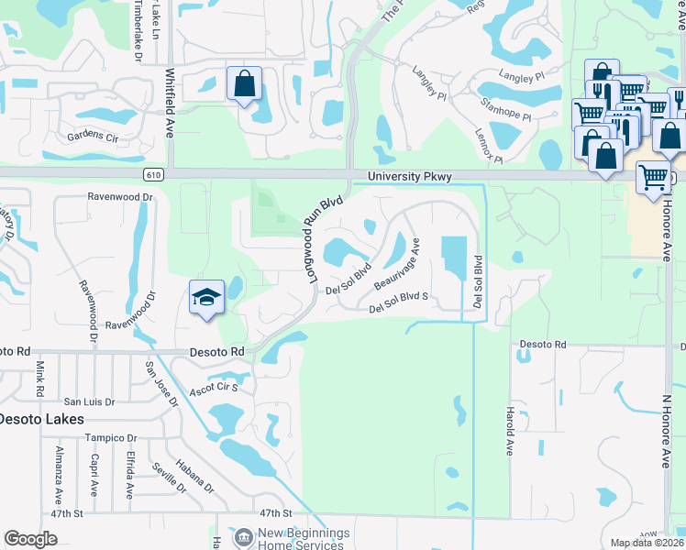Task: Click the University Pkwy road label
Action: tap(410, 177)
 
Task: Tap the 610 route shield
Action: tap(153, 174)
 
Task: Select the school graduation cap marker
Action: tap(207, 297)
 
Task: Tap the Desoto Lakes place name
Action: tap(41, 419)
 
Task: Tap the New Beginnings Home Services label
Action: tap(292, 539)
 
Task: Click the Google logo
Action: tap(30, 539)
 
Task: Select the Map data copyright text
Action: tap(647, 543)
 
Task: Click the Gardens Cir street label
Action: tap(93, 137)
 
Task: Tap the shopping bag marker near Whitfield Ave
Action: tap(244, 84)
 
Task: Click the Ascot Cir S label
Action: tap(214, 388)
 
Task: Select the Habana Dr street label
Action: tap(195, 474)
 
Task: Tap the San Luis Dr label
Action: tap(89, 401)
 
